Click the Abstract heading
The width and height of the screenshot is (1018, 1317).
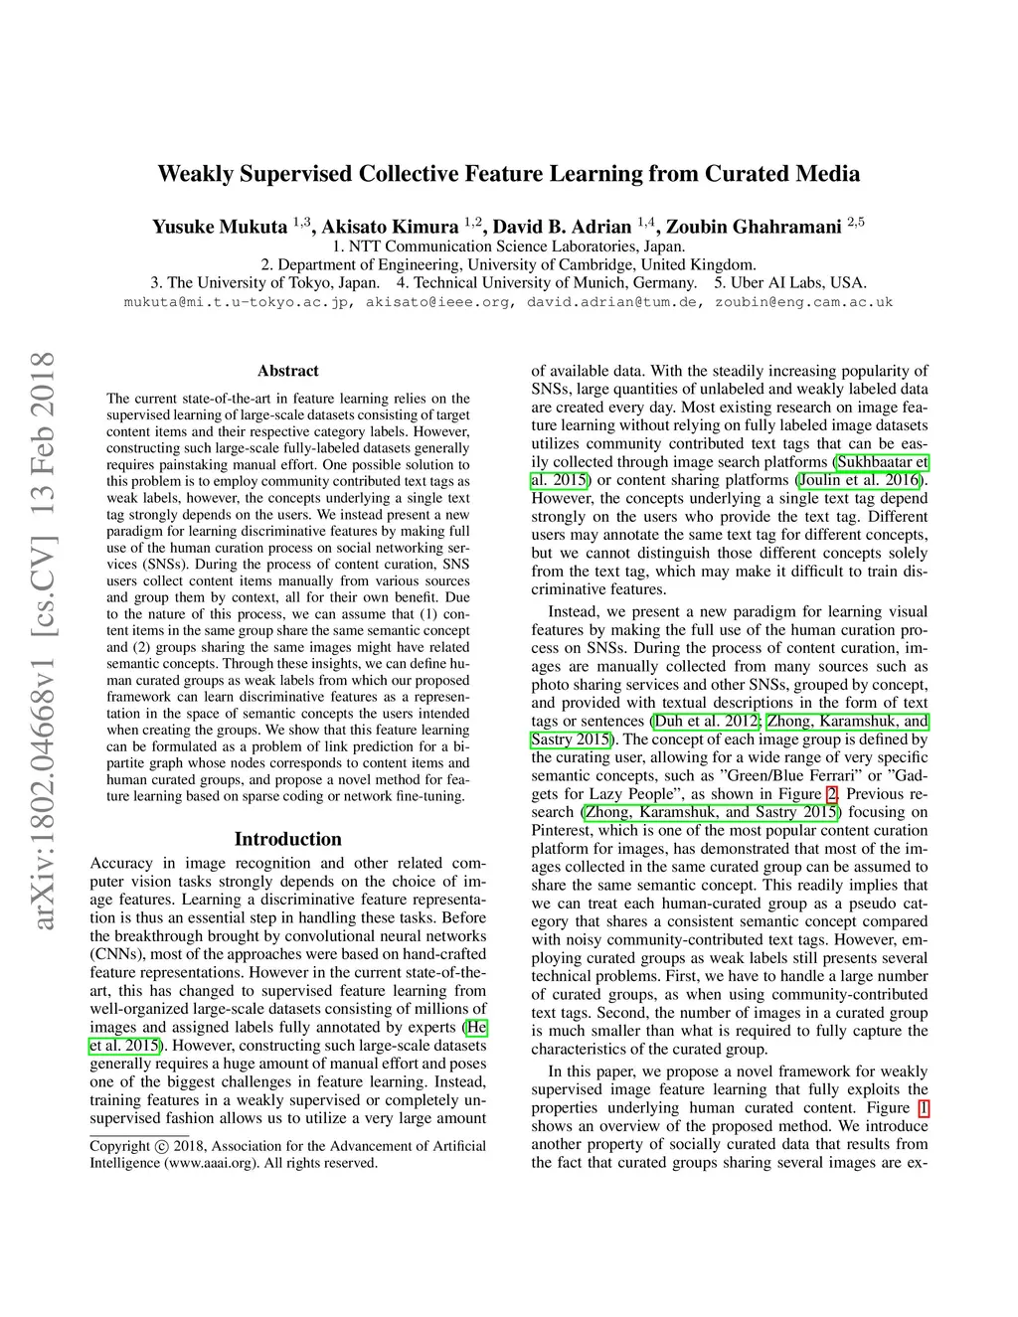click(287, 371)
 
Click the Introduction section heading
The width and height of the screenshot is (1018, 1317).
click(287, 839)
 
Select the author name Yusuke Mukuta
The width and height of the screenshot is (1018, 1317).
click(219, 227)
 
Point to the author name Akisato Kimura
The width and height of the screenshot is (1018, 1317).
click(390, 227)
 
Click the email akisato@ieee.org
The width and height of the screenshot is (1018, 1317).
click(438, 302)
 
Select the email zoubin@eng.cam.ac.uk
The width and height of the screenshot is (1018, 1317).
click(803, 302)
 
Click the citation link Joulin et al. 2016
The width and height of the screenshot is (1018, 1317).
click(861, 480)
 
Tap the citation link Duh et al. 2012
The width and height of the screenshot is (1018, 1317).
click(705, 722)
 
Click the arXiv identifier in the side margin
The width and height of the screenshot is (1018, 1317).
click(43, 641)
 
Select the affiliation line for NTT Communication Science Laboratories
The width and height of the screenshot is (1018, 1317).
click(508, 247)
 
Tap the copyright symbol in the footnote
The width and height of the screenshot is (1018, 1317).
click(162, 1146)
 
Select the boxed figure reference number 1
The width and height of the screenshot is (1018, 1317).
click(923, 1108)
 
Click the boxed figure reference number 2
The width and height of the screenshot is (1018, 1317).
click(832, 794)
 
